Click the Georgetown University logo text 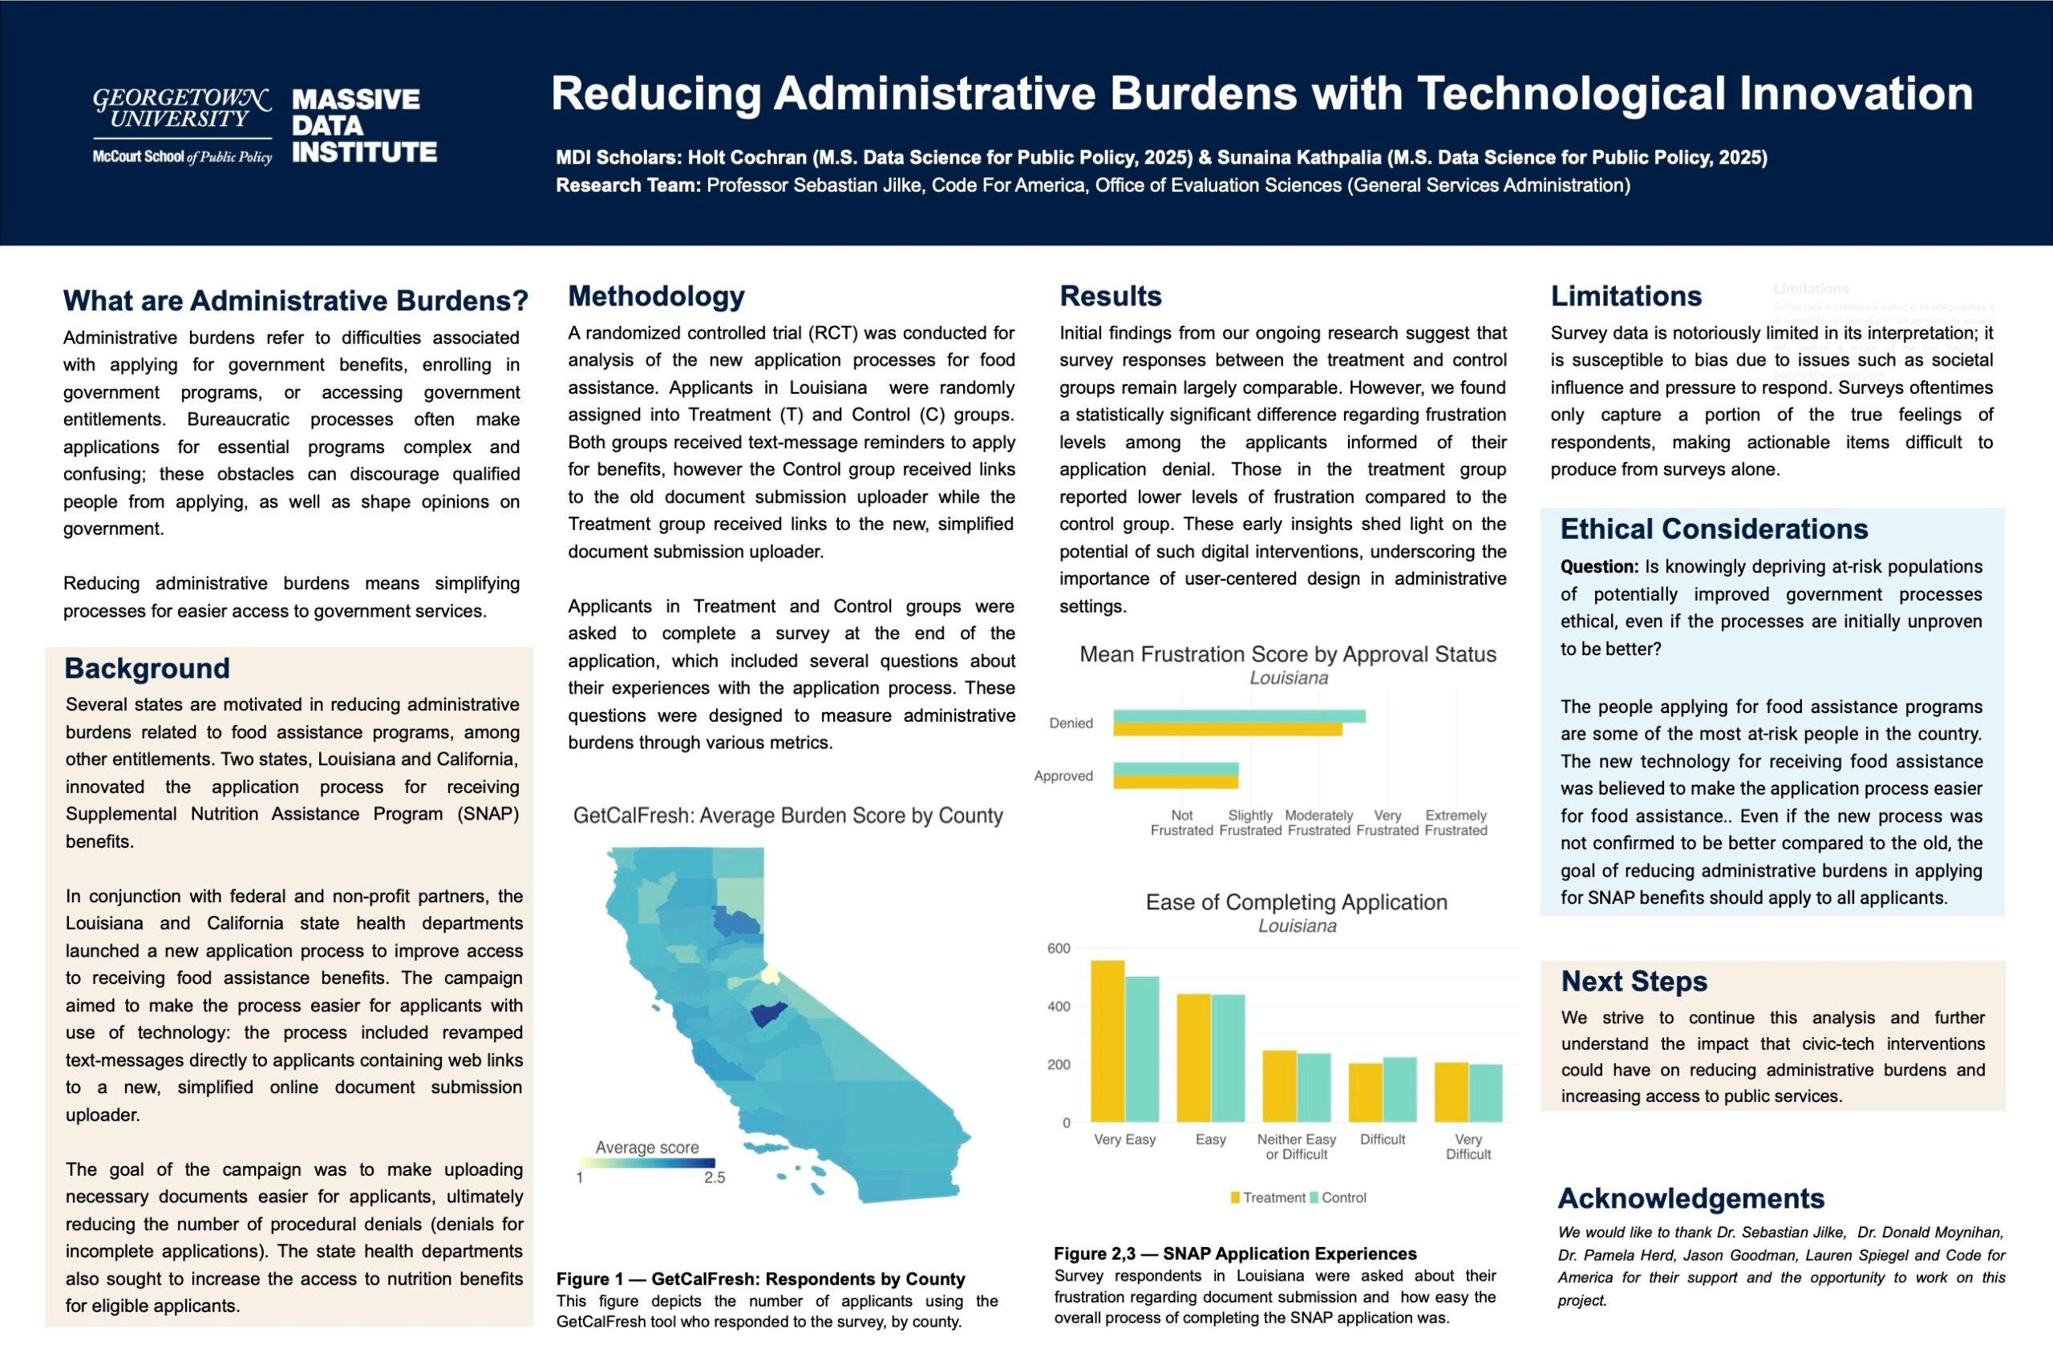(181, 109)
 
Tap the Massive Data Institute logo (364, 126)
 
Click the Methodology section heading (655, 296)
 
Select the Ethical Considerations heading (1714, 529)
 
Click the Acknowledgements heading (1691, 1198)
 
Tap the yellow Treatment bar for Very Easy (1107, 1041)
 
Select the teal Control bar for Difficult (1399, 1089)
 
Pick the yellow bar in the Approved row (1175, 782)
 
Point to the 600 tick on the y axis (1058, 948)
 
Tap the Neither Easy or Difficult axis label (1296, 1146)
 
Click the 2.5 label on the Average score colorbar (714, 1178)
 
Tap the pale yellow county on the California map (769, 974)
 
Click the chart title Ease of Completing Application (1296, 902)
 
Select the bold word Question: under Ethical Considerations (1599, 567)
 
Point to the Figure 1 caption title (760, 1279)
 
